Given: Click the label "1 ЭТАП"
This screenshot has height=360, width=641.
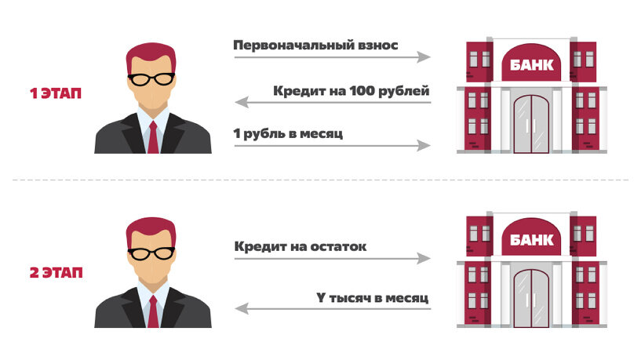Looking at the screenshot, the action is click(56, 94).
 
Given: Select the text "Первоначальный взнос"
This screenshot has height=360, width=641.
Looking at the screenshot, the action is click(315, 45).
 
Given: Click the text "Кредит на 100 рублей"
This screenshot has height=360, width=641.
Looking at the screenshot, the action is click(351, 90).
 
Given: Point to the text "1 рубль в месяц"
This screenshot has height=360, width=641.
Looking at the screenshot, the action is click(288, 133).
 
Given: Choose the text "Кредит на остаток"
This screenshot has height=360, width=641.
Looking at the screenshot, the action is click(300, 247).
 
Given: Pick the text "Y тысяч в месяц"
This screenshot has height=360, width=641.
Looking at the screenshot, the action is click(372, 298).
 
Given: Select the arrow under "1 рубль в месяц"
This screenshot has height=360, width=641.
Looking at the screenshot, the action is click(332, 146).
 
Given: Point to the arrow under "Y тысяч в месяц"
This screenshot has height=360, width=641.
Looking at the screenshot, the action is click(332, 311).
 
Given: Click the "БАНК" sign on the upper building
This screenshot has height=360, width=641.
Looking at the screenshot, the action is click(531, 66).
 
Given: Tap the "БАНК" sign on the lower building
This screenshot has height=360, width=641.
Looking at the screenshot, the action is click(531, 240).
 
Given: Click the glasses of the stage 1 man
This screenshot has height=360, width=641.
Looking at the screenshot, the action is click(152, 78).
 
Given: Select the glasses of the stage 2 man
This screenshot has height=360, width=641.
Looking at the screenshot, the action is click(152, 253).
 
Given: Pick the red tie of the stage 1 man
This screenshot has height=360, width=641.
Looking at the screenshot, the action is click(153, 138).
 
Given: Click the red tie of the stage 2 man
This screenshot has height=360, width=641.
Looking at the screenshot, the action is click(153, 312).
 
